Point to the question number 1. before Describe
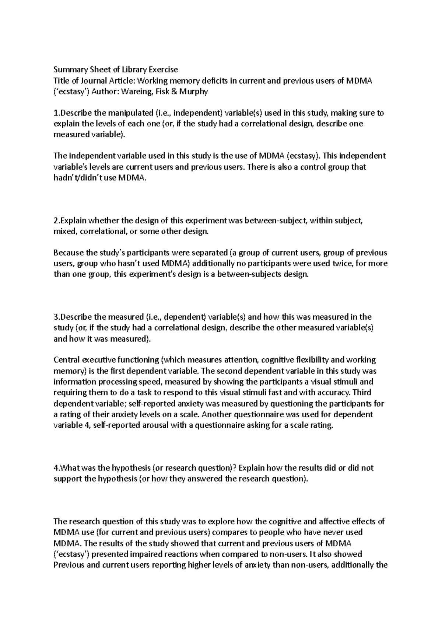click(56, 113)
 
